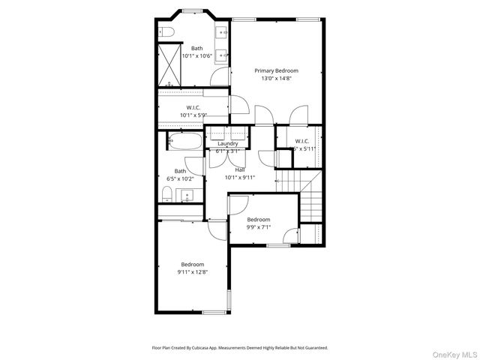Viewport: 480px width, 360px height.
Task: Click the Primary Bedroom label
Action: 275,70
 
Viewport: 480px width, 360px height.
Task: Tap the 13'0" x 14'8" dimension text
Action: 275,78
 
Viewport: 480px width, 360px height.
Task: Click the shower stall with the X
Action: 172,63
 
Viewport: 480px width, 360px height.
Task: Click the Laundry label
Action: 228,143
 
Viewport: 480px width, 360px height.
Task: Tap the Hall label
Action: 239,170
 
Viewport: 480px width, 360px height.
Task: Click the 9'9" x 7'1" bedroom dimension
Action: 263,227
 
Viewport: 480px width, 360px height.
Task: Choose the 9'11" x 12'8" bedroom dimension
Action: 193,271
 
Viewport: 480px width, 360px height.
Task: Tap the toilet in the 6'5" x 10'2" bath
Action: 166,196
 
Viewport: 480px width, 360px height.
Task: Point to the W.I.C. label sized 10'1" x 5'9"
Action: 193,107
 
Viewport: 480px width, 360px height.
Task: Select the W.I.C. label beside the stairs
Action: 302,141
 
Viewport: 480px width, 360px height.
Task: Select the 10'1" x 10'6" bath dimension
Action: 196,55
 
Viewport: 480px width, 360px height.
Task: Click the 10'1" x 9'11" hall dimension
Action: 240,178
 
